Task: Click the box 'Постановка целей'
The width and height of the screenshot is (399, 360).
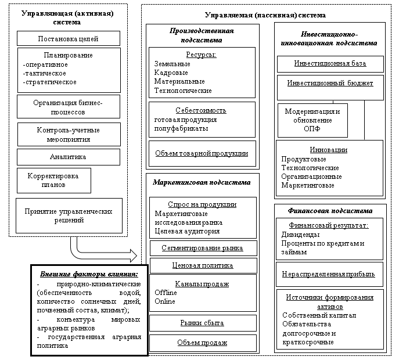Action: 68,39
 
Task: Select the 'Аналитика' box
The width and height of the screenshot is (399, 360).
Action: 68,157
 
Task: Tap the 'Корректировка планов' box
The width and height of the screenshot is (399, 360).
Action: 53,180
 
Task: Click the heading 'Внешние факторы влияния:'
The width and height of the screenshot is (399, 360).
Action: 89,274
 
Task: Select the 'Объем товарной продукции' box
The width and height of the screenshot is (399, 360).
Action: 201,154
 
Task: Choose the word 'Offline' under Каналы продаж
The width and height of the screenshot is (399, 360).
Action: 166,293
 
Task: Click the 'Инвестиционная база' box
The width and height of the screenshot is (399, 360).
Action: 329,63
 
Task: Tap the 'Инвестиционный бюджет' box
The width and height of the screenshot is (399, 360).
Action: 329,83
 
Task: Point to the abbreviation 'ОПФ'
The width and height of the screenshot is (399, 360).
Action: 312,128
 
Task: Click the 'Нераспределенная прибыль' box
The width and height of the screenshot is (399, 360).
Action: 329,273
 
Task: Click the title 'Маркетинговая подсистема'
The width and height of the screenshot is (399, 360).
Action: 202,182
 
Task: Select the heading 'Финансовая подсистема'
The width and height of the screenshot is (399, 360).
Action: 329,211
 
